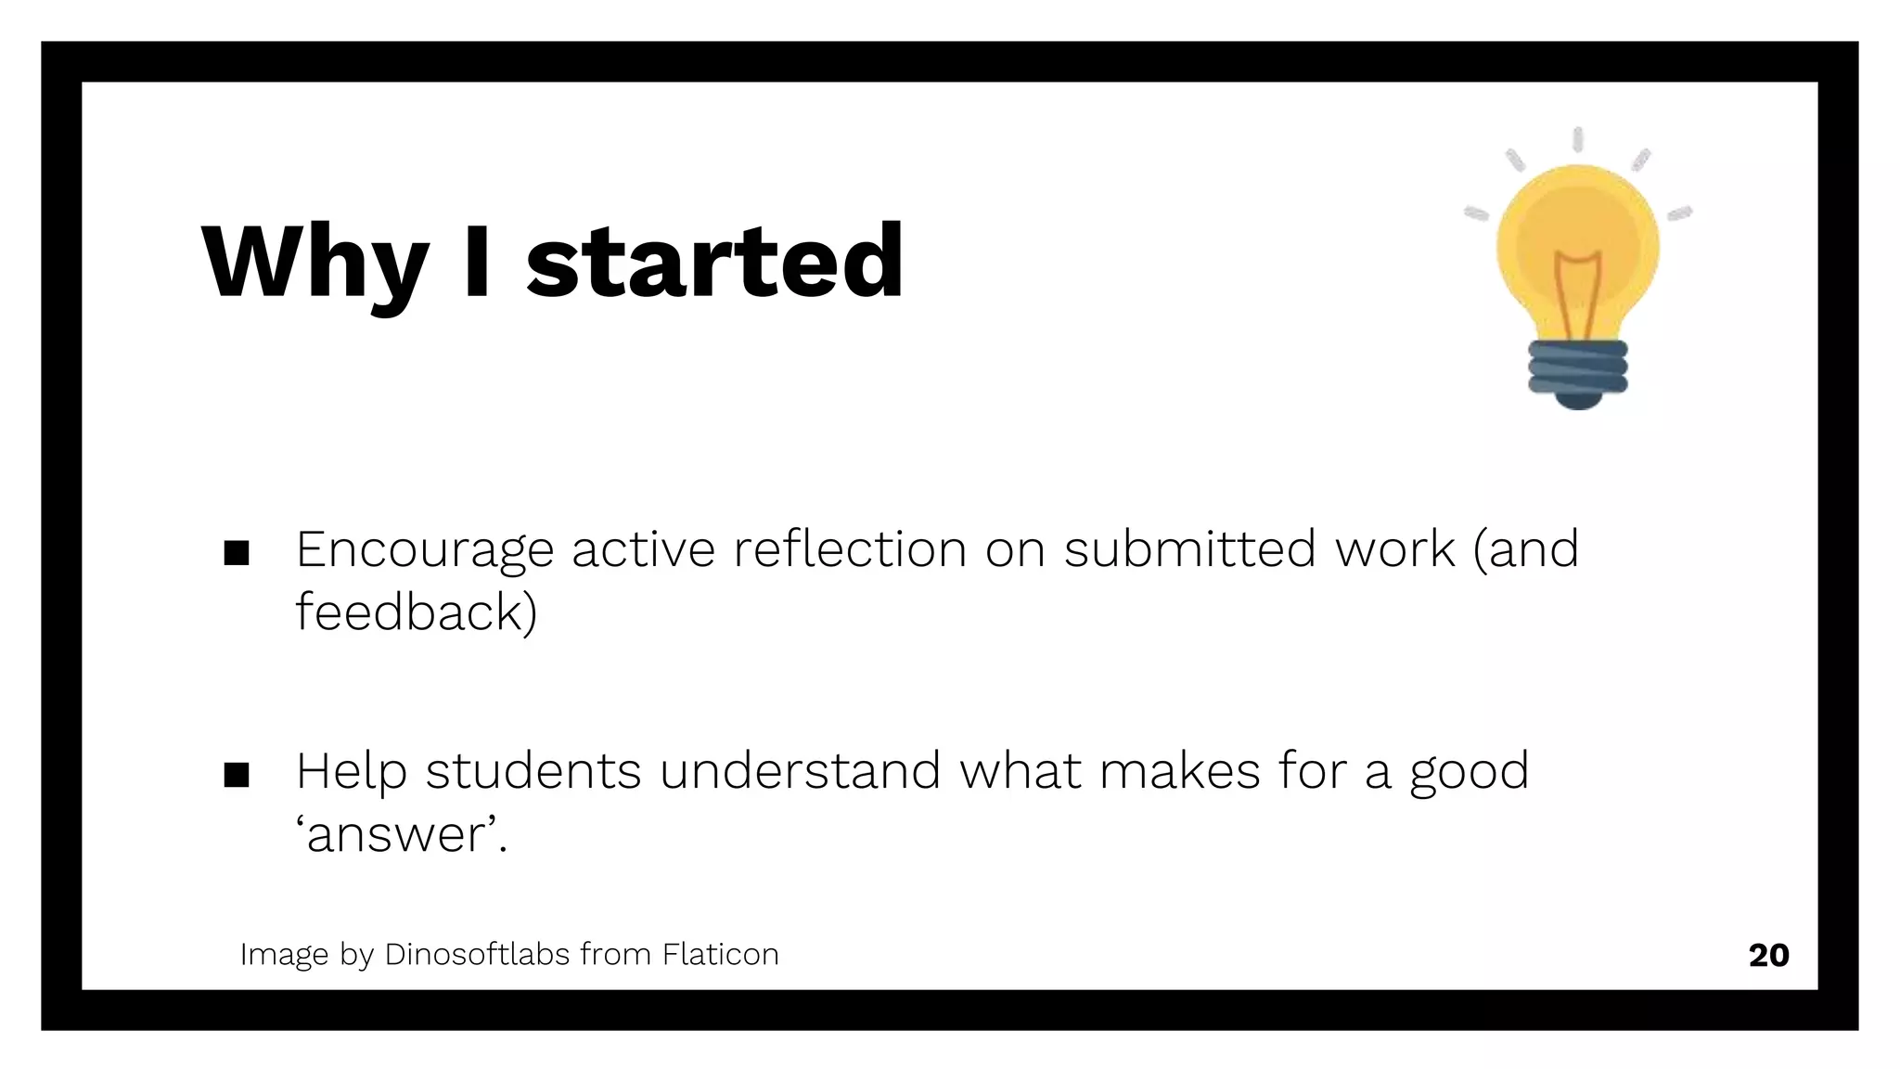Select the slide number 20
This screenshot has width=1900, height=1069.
[x=1768, y=955]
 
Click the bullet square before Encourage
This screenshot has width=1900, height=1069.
[x=237, y=553]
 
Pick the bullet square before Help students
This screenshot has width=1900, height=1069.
[x=237, y=774]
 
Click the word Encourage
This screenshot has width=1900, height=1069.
[x=425, y=549]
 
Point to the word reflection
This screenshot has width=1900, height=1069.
[x=850, y=548]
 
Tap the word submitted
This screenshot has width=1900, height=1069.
[x=1189, y=548]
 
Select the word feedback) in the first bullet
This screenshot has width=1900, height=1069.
[x=417, y=612]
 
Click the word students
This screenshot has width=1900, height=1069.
[x=533, y=771]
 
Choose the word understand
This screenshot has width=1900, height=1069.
[x=800, y=771]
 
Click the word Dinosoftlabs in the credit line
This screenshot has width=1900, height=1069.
[x=477, y=954]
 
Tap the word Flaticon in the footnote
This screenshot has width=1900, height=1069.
[x=720, y=954]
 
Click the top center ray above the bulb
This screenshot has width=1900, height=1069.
[x=1577, y=140]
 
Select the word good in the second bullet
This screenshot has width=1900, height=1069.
[x=1469, y=773]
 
